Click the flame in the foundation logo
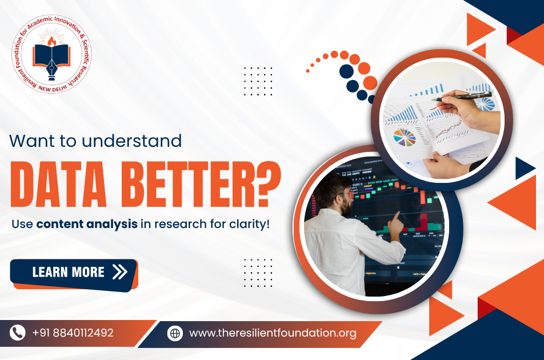pos(51,41)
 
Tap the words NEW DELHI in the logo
pos(53,89)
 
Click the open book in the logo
pos(51,55)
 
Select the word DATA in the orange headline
pos(58,184)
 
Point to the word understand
pos(132,141)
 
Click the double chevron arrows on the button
pos(120,272)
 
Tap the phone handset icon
pos(17,333)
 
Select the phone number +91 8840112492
pos(73,333)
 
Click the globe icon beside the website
pos(175,333)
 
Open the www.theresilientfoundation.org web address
pos(273,333)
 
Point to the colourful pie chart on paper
pos(405,137)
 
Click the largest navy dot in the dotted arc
pos(346,71)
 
